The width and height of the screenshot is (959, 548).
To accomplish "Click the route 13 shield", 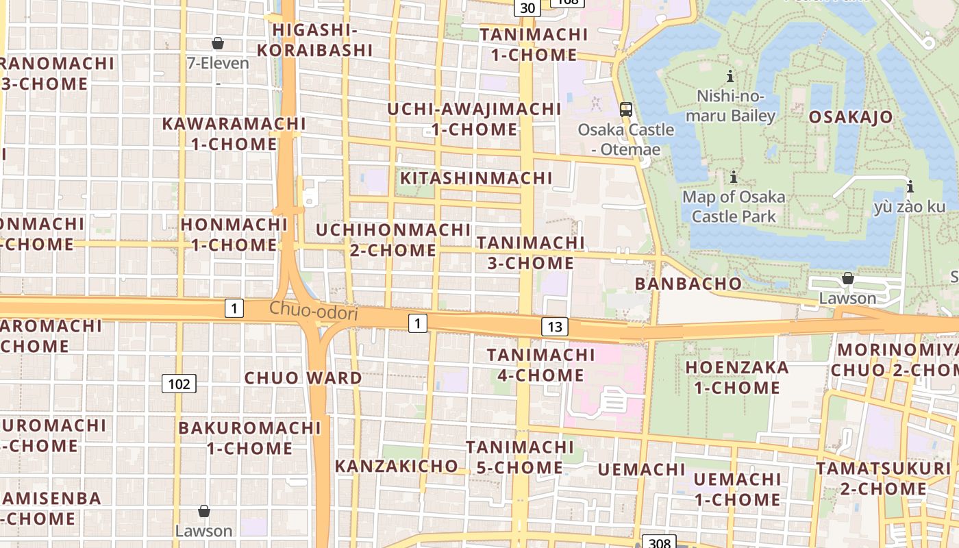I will click(x=554, y=327).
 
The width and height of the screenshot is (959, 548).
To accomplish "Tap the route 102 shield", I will click(x=179, y=384).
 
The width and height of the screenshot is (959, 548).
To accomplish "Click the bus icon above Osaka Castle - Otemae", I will click(x=625, y=109).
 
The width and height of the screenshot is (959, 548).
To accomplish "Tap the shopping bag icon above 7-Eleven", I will click(x=218, y=44).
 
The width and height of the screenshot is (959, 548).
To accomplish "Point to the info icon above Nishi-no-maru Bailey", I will click(x=730, y=76).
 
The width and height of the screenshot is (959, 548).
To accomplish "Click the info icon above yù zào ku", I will click(x=910, y=186).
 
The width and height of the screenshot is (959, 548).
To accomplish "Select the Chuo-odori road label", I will click(x=314, y=311).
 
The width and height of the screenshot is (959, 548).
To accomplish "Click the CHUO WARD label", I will click(x=303, y=377).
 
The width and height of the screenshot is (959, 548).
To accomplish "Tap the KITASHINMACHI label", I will click(x=476, y=178).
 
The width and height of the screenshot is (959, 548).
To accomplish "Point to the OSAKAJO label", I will click(x=851, y=116).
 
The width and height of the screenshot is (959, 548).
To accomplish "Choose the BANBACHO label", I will click(x=688, y=283).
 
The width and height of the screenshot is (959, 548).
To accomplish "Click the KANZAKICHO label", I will click(x=396, y=466).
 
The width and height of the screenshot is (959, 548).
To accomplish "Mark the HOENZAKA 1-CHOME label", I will click(x=737, y=377).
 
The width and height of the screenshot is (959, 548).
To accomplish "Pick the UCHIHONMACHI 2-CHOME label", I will click(x=393, y=240).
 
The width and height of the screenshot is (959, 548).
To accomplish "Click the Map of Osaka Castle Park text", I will click(x=734, y=207).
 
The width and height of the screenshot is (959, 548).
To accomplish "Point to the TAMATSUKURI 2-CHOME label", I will click(x=883, y=479).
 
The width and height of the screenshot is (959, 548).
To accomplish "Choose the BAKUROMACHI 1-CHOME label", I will click(x=249, y=438).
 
